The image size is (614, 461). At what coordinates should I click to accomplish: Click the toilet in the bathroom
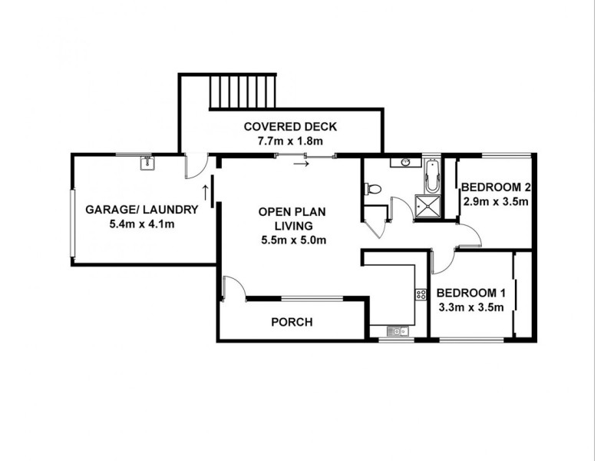tap(373, 187)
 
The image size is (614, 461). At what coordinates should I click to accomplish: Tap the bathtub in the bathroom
tap(432, 177)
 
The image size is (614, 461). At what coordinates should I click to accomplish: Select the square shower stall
tap(424, 205)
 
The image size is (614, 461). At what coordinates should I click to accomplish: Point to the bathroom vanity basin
tap(404, 163)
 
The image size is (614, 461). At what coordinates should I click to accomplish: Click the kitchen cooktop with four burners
tap(421, 294)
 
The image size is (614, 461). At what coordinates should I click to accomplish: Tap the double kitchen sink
tap(397, 331)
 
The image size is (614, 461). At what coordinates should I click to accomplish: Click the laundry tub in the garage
tap(146, 162)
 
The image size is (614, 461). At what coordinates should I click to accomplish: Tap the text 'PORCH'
tap(292, 322)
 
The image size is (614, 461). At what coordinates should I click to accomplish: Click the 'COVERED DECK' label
tap(290, 127)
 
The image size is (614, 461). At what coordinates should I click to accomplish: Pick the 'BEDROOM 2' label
tap(495, 187)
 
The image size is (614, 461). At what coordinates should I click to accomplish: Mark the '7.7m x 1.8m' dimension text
tap(290, 141)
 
